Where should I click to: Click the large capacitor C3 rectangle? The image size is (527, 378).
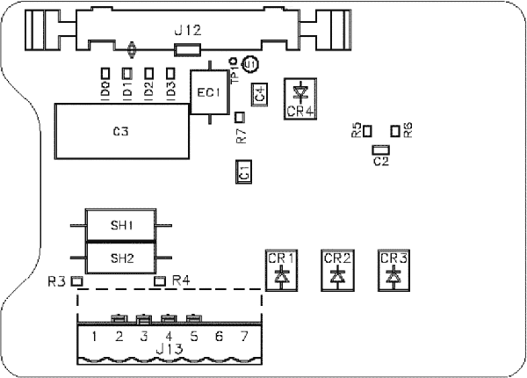pyautogui.click(x=120, y=132)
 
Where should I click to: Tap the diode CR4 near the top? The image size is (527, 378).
pyautogui.click(x=300, y=96)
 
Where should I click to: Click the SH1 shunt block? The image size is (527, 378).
pyautogui.click(x=121, y=226)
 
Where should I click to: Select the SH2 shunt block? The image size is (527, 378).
pyautogui.click(x=121, y=258)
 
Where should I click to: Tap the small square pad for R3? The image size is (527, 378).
pyautogui.click(x=76, y=282)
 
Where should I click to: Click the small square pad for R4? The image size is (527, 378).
pyautogui.click(x=160, y=281)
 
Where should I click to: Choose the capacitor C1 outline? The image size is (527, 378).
pyautogui.click(x=244, y=172)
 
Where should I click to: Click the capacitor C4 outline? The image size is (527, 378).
pyautogui.click(x=259, y=94)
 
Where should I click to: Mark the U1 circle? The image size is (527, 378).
pyautogui.click(x=250, y=63)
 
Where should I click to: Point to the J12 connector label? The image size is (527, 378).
pyautogui.click(x=188, y=30)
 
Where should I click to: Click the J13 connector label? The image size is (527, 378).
pyautogui.click(x=169, y=352)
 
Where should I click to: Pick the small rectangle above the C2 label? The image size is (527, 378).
pyautogui.click(x=380, y=149)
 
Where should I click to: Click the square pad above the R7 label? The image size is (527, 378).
pyautogui.click(x=241, y=117)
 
